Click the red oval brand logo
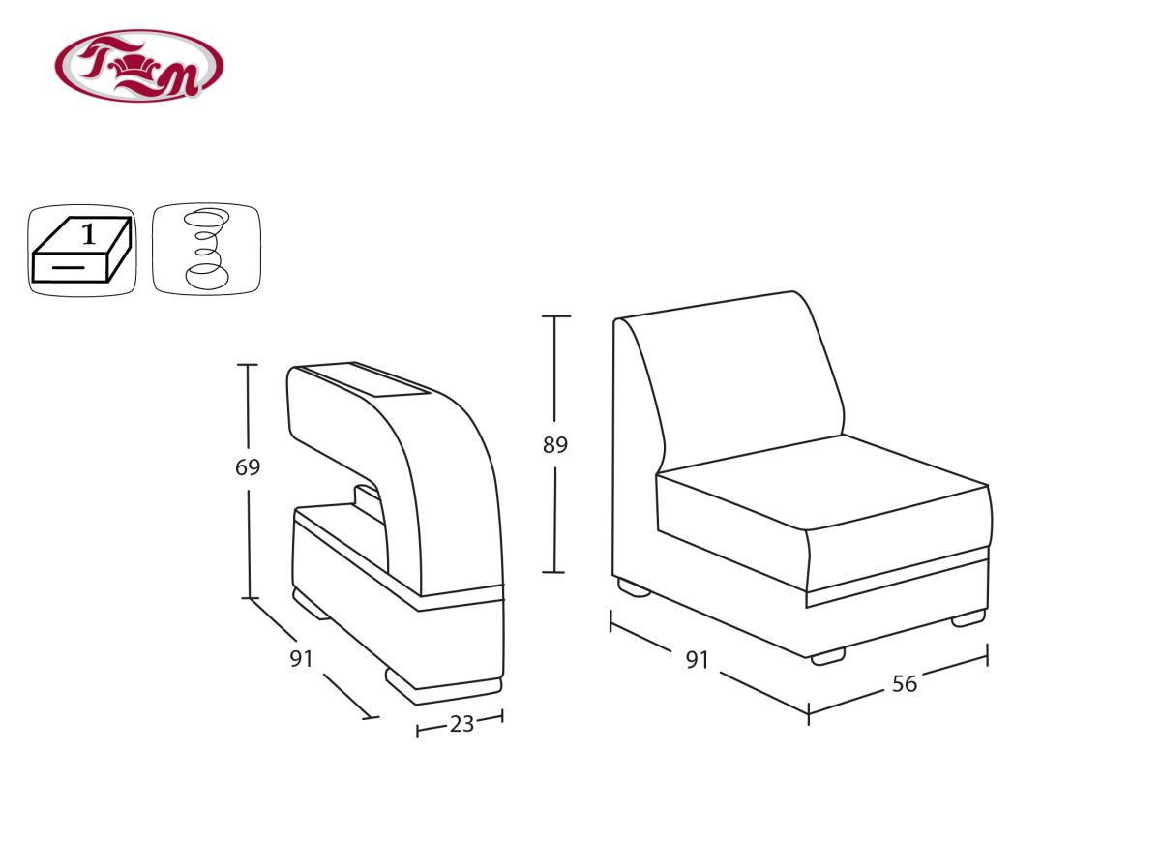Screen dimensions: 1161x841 (x=139, y=66)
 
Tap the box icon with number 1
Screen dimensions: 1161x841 (x=82, y=251)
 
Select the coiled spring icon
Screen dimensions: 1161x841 (x=206, y=250)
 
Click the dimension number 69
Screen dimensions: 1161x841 (x=248, y=467)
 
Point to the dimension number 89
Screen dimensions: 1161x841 (x=555, y=445)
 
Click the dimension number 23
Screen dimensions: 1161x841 (x=461, y=724)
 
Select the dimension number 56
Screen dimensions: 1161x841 (x=905, y=684)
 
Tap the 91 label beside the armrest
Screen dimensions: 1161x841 (x=301, y=659)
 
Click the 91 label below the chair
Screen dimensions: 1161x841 (x=698, y=660)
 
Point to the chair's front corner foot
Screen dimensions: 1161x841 (x=828, y=657)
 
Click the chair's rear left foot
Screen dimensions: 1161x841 (x=634, y=587)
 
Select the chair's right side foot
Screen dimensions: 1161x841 (x=968, y=618)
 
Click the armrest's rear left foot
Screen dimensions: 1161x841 (x=310, y=604)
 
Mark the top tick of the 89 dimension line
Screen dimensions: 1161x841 (x=556, y=315)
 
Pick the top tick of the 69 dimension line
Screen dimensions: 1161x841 (x=248, y=365)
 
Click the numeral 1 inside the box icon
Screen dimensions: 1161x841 (x=89, y=234)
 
